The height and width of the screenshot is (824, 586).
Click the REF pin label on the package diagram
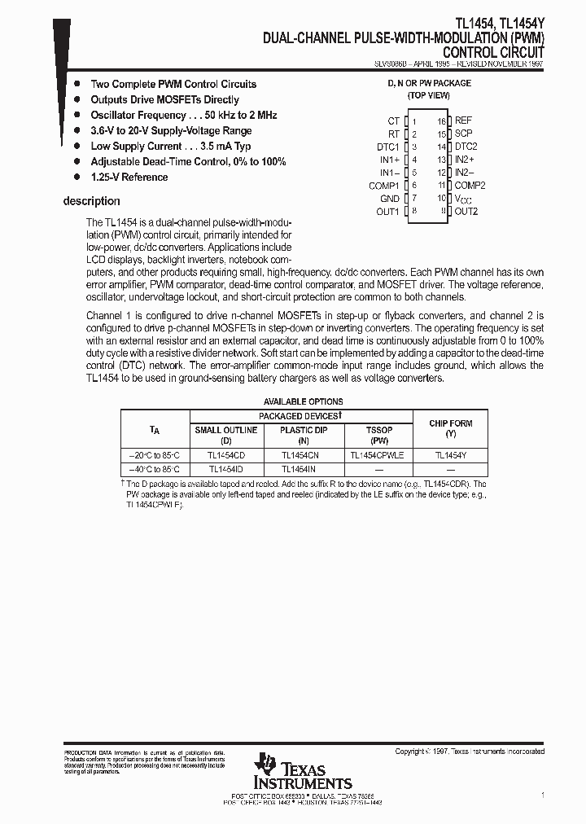pyautogui.click(x=463, y=121)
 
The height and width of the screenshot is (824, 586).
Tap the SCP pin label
pyautogui.click(x=463, y=134)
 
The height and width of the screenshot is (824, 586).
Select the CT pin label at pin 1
pyautogui.click(x=393, y=121)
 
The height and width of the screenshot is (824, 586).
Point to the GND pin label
pyautogui.click(x=389, y=199)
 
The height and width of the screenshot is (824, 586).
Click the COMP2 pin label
pyautogui.click(x=470, y=186)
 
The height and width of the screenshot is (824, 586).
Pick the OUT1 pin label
pyautogui.click(x=387, y=212)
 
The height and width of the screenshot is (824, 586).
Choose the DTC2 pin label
pyautogui.click(x=466, y=147)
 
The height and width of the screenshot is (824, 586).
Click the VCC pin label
pyautogui.click(x=462, y=199)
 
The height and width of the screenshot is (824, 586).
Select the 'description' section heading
pyautogui.click(x=91, y=201)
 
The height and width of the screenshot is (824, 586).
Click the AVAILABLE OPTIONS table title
pyautogui.click(x=303, y=401)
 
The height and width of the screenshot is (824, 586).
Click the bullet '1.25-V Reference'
pyautogui.click(x=129, y=178)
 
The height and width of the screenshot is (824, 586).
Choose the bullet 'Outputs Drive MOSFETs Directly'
pyautogui.click(x=164, y=100)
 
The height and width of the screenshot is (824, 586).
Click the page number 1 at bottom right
pyautogui.click(x=542, y=794)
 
